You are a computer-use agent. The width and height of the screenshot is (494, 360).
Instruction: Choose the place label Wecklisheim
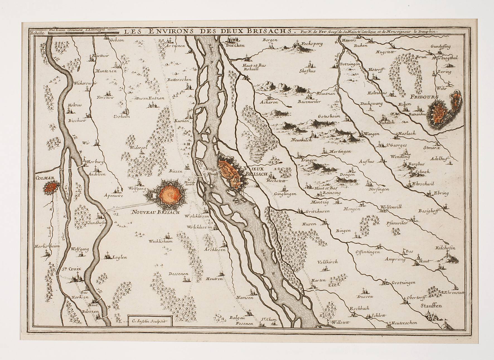161,241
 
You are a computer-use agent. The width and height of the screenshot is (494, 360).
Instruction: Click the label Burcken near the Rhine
235,45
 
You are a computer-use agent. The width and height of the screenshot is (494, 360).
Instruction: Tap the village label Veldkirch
327,262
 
